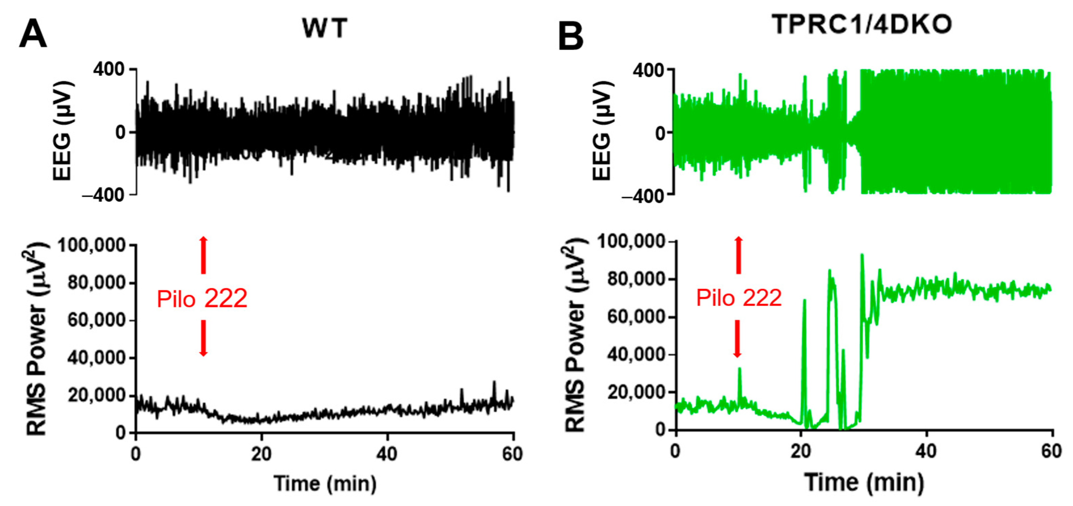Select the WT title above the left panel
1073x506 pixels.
click(324, 29)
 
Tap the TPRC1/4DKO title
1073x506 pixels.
click(862, 25)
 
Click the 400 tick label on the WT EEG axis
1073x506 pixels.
click(109, 69)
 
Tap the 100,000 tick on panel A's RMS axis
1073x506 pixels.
click(92, 245)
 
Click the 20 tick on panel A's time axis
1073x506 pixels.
click(261, 454)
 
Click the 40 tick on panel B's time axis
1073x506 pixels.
click(926, 451)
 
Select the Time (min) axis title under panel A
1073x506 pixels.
click(325, 484)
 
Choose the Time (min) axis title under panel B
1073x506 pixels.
click(864, 482)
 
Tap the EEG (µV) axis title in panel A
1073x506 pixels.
click(63, 131)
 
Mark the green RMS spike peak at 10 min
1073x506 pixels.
click(739, 369)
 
